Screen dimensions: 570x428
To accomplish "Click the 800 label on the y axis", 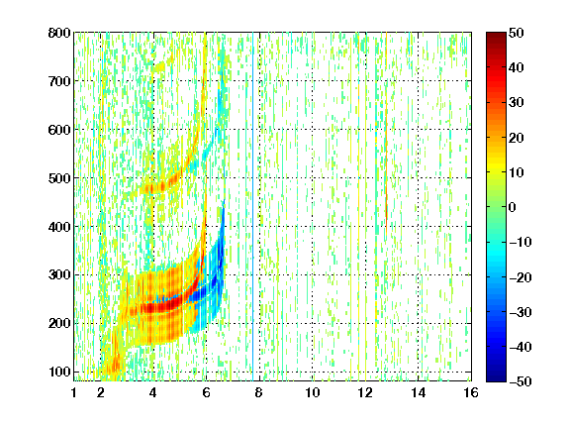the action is [59, 33].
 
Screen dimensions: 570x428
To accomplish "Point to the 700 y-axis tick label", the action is [59, 81].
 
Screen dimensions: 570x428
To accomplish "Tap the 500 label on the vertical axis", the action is [59, 178].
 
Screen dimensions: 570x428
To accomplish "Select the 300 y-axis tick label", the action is [59, 275].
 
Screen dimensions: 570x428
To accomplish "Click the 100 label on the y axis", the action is [59, 372].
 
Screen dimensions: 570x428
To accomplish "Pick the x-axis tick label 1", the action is [74, 392].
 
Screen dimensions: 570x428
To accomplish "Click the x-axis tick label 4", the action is [153, 392].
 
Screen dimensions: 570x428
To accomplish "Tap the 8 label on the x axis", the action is [258, 392].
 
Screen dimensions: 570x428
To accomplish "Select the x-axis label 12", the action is [365, 392].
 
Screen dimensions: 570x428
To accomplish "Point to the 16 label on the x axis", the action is [471, 392].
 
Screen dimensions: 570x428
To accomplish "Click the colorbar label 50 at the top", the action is [517, 33].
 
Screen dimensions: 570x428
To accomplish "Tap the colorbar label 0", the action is [513, 207].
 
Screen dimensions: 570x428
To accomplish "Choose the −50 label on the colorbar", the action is [521, 381].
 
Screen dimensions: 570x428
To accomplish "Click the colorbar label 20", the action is [517, 138].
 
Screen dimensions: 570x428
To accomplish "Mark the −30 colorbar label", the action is [521, 312].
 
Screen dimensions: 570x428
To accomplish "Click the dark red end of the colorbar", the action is [496, 36].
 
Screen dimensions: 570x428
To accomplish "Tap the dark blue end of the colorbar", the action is [496, 378].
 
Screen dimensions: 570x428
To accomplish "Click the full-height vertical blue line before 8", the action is [253, 207].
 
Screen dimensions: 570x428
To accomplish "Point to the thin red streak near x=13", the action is [386, 171].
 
